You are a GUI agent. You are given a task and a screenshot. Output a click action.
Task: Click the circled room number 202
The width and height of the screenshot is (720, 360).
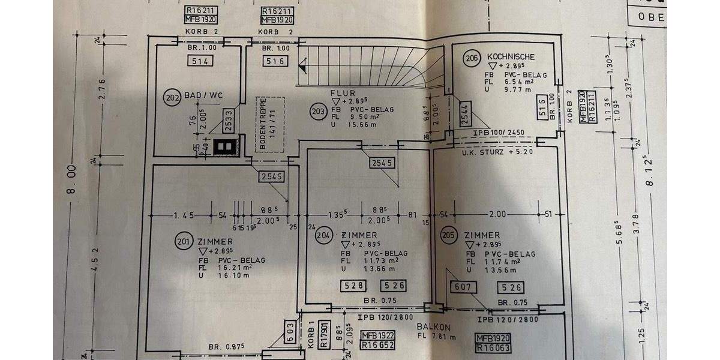172,98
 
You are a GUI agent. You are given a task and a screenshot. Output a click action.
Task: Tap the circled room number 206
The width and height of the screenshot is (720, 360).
472,58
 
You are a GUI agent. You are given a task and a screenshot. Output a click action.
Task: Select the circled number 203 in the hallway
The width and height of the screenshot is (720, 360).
317,110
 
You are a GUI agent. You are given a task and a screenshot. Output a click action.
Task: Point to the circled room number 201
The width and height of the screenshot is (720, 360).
183,241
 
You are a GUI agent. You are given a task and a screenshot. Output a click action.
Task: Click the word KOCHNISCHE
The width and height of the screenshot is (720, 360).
511,56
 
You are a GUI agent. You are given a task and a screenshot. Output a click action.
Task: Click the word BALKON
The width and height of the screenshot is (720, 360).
433,327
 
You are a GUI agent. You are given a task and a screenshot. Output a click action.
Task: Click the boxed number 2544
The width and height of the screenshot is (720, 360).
467,113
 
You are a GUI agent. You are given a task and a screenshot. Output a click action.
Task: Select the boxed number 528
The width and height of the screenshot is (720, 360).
353,287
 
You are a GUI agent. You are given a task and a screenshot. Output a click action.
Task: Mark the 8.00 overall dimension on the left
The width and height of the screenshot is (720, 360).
73,182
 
